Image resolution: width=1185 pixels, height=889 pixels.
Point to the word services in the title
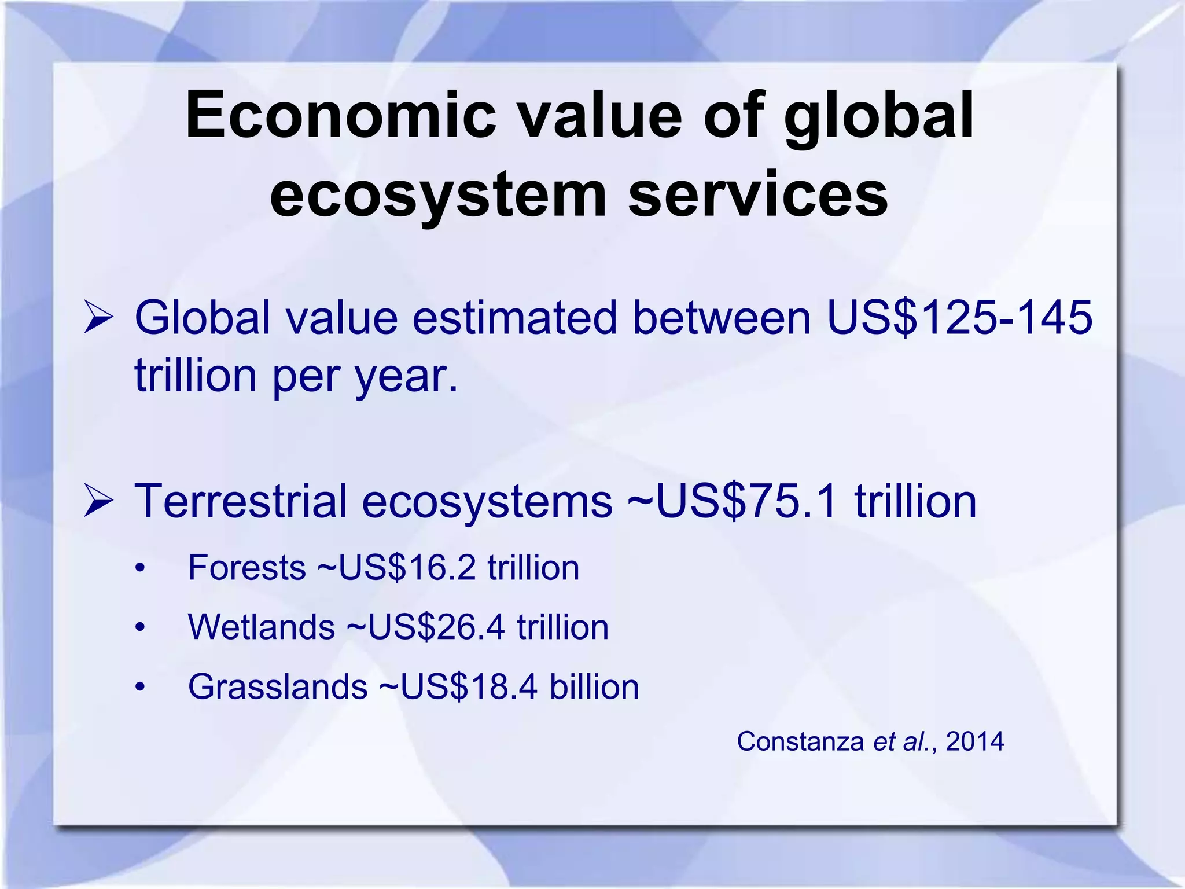click(758, 194)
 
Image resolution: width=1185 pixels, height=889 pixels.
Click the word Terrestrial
click(241, 501)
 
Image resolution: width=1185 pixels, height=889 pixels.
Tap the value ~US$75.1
click(733, 501)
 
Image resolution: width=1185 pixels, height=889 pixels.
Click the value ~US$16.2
click(396, 567)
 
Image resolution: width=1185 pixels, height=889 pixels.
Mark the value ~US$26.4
click(425, 627)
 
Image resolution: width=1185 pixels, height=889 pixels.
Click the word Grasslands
click(278, 687)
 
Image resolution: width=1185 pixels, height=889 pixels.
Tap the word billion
click(594, 687)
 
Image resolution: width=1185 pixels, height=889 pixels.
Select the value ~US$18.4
click(458, 687)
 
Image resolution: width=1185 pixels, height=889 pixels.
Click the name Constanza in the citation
click(800, 741)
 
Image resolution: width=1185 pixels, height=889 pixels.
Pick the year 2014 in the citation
click(975, 741)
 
